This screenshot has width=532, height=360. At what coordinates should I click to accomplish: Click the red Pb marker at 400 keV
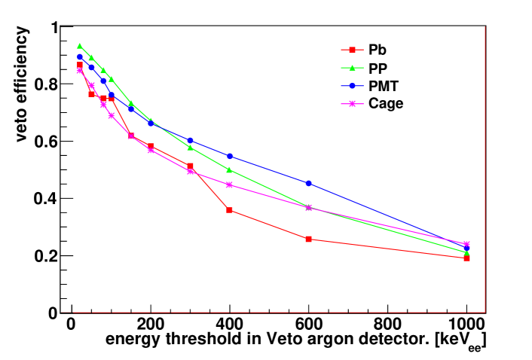click(230, 209)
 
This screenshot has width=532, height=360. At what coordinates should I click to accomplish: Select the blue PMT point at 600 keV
click(309, 183)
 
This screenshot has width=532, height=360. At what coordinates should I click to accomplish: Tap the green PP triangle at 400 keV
click(230, 169)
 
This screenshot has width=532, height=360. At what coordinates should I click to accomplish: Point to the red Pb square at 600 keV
click(309, 239)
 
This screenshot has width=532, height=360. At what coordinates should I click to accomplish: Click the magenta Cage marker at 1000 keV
click(466, 244)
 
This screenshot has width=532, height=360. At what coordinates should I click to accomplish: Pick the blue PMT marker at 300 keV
click(190, 140)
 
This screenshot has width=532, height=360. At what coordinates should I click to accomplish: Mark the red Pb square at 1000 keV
click(467, 258)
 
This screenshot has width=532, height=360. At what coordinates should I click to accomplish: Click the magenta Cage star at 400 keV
click(230, 185)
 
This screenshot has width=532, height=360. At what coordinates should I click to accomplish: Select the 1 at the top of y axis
click(54, 28)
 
